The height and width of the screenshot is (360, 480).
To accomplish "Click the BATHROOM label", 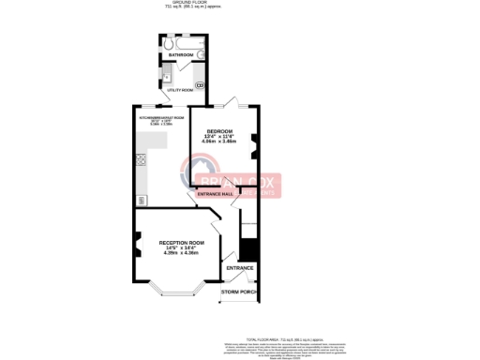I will pyautogui.click(x=181, y=56).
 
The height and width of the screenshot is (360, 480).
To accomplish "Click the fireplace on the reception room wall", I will pyautogui.click(x=137, y=247).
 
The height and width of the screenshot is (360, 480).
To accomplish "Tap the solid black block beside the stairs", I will pyautogui.click(x=248, y=250).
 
